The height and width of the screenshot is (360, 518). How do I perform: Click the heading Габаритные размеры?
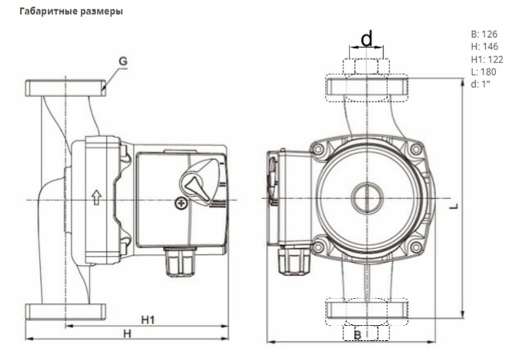coord(71,11)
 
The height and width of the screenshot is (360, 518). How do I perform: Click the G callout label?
coord(122,61)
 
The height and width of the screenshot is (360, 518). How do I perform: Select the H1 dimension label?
coord(148,320)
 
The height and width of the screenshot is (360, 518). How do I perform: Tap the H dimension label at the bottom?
coord(127,334)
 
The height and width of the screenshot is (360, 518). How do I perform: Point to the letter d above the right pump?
coord(366,39)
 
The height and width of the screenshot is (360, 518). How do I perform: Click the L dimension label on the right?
coord(454,206)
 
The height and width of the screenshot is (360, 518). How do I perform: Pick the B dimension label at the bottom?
coord(357,335)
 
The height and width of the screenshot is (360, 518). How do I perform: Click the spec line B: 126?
coord(484,35)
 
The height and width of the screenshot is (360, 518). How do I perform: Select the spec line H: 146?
coord(484,47)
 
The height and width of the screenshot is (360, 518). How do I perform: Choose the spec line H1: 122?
coord(487,60)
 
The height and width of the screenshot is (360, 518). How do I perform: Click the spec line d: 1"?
coord(480,84)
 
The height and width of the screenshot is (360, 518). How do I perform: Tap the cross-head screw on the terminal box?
coord(181,204)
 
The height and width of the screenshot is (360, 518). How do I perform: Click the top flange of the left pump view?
coord(66,88)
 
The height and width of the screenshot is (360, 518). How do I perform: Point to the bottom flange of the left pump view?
coord(66,311)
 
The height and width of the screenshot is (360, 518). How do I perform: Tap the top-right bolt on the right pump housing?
coord(415,150)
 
